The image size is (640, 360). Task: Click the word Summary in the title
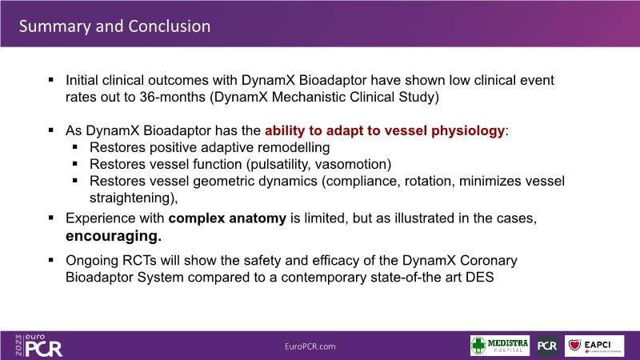tap(55, 27)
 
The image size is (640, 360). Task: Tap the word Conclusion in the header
tap(170, 26)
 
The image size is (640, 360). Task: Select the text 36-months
tap(173, 97)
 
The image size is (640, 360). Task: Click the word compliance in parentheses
tap(362, 182)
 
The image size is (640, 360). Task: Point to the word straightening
tap(134, 198)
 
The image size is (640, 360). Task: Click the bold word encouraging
tap(114, 236)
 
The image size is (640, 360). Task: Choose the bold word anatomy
tap(258, 218)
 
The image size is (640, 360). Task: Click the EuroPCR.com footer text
tap(310, 346)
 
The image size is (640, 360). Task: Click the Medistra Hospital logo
tap(499, 346)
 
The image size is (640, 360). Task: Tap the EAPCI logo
tap(594, 346)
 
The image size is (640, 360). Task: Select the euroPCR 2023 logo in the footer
tap(38, 346)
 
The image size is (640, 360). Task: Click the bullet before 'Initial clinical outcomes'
tap(51, 79)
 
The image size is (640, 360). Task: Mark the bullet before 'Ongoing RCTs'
tap(51, 259)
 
